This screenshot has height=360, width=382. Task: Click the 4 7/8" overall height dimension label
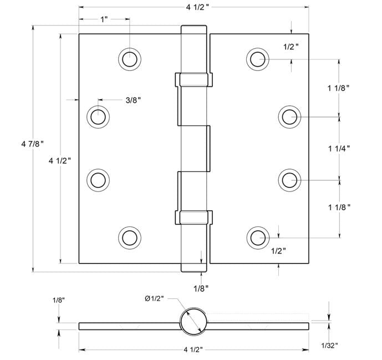coord(32,144)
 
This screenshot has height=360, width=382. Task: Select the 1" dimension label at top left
coord(104,19)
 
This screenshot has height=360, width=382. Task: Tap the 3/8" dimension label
coord(133,100)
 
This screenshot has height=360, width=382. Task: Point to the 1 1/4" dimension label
coord(339,149)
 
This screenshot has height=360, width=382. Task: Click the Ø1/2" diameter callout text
coord(154,298)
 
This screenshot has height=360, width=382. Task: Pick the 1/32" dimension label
coord(329,345)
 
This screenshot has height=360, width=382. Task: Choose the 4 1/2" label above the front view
coord(197,7)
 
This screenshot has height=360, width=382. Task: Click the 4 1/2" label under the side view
coord(193,350)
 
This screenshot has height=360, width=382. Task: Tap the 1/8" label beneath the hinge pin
coord(201,288)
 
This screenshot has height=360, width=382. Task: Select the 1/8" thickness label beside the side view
coord(59,300)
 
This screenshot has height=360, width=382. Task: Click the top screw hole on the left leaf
coord(130,59)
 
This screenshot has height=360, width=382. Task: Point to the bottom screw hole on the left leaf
coord(130,237)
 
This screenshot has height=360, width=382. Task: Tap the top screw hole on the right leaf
coord(257,59)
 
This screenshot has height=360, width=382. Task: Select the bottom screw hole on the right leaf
coord(258,237)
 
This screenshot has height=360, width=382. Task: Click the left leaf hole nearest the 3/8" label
coord(98,116)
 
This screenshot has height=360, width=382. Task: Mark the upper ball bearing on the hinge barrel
coord(194,80)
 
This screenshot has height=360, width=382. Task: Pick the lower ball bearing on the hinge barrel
coord(194,217)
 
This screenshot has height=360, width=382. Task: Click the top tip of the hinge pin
coord(193,26)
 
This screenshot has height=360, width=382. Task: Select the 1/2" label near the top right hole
coord(291,47)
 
